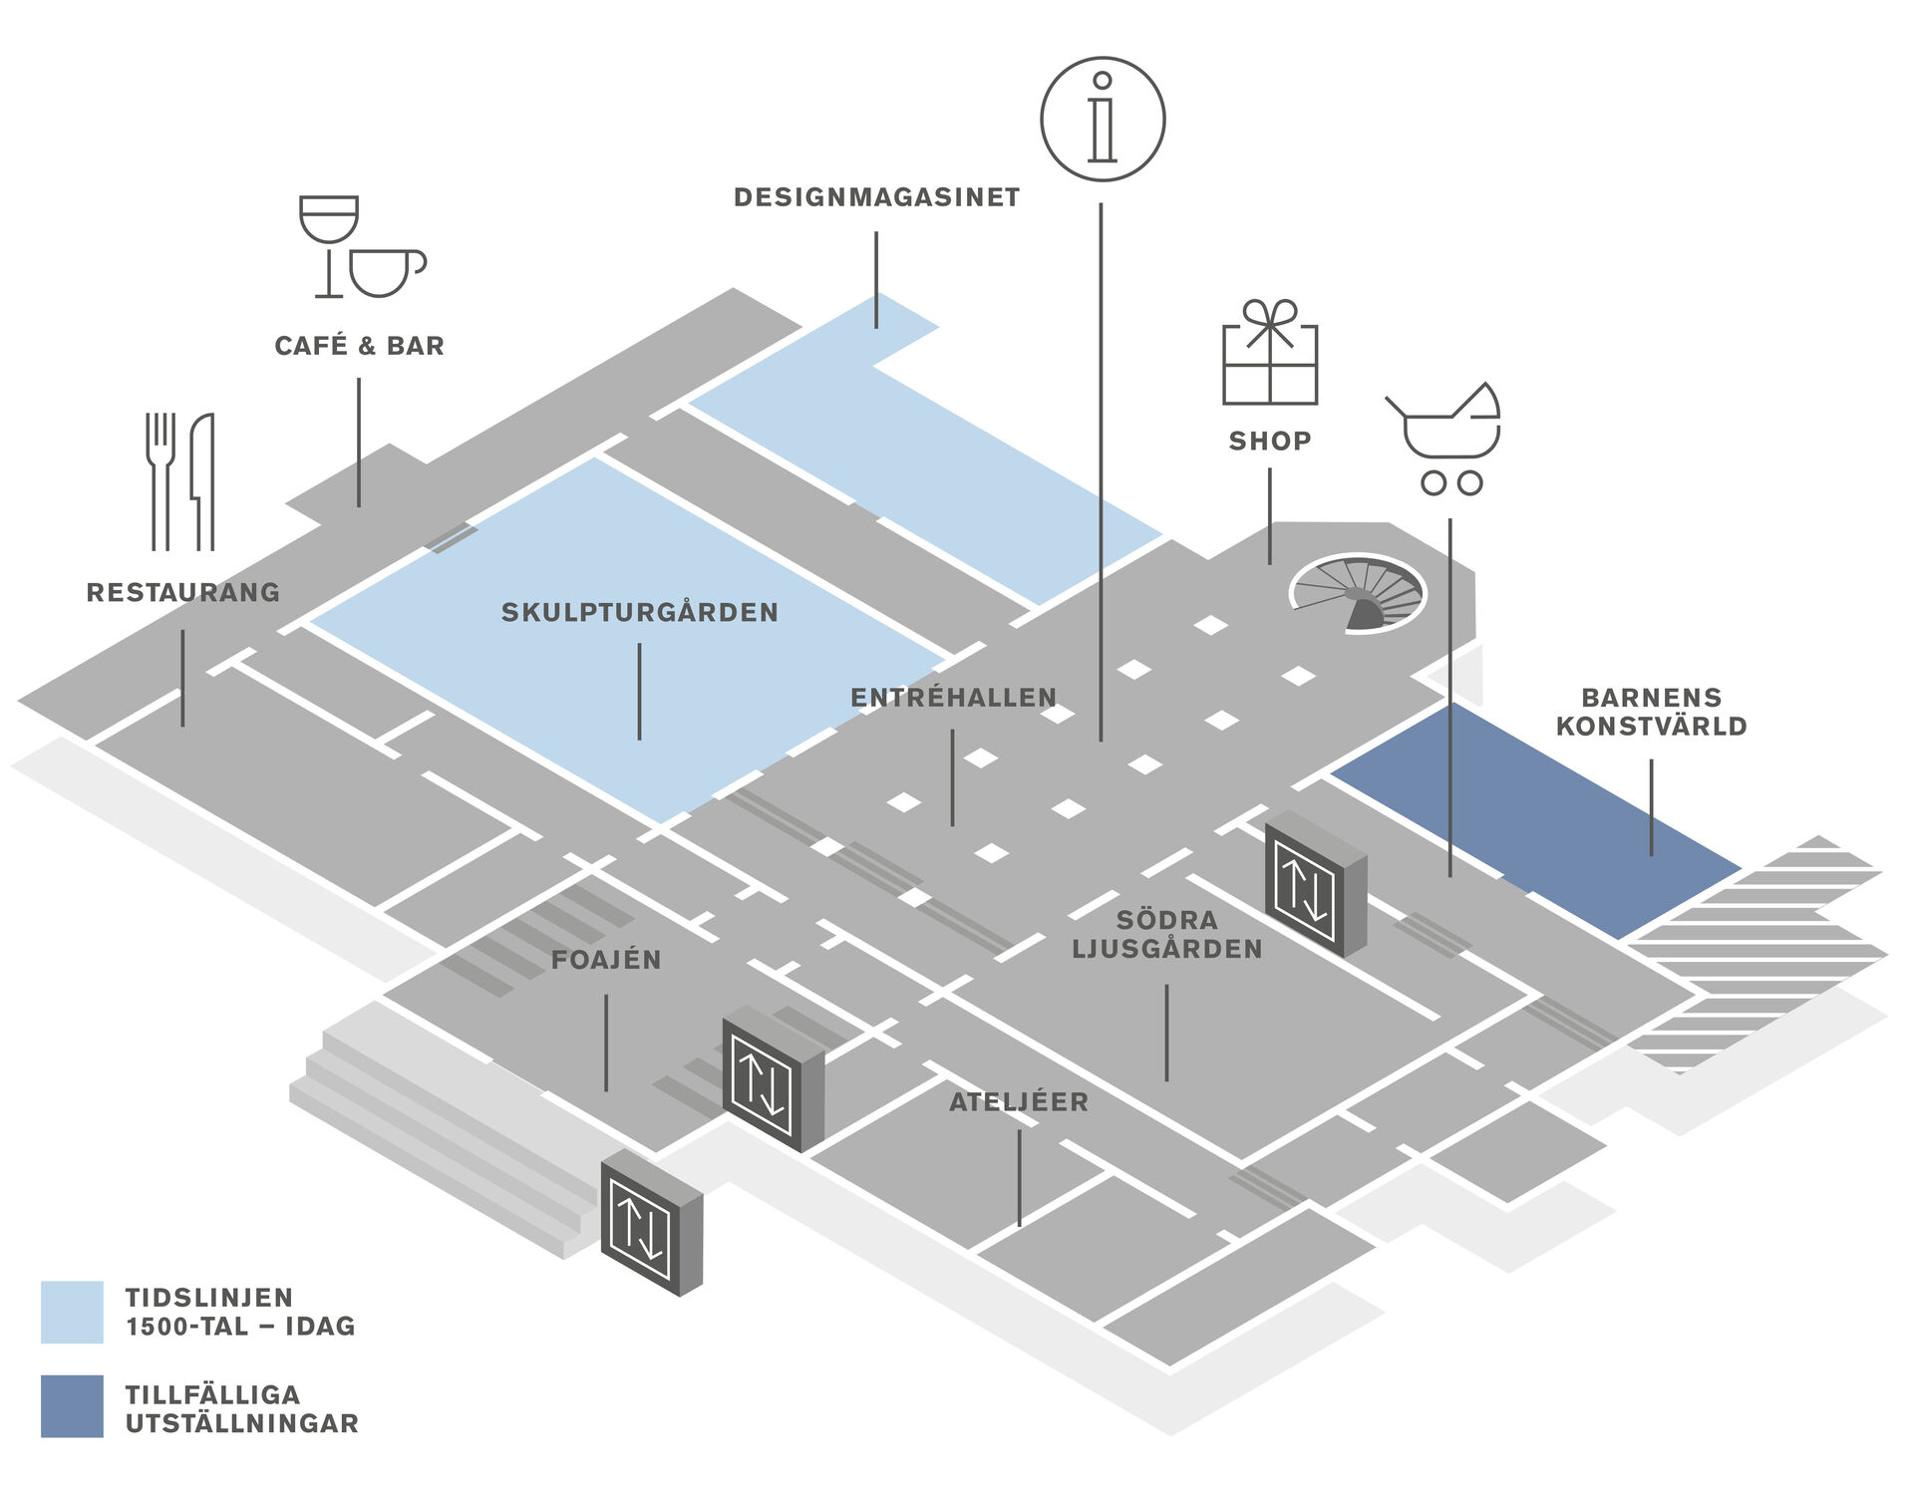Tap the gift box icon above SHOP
pos(1270,352)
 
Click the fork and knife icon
pos(180,481)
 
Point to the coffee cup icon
pos(387,272)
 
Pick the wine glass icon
pos(329,245)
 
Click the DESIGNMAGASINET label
pos(876,197)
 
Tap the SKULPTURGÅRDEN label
pos(640,611)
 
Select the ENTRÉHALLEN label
pos(953,697)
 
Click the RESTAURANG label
pos(183,592)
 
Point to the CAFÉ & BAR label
pos(359,345)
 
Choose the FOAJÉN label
pos(606,959)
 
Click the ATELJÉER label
pos(1019,1101)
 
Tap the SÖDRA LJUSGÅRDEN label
pos(1167,934)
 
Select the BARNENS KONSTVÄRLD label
pos(1652,712)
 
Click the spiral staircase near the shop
pos(1358,594)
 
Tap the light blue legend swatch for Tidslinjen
pos(72,1312)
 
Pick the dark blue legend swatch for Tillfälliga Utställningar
pos(72,1406)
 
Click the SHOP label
pos(1270,441)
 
